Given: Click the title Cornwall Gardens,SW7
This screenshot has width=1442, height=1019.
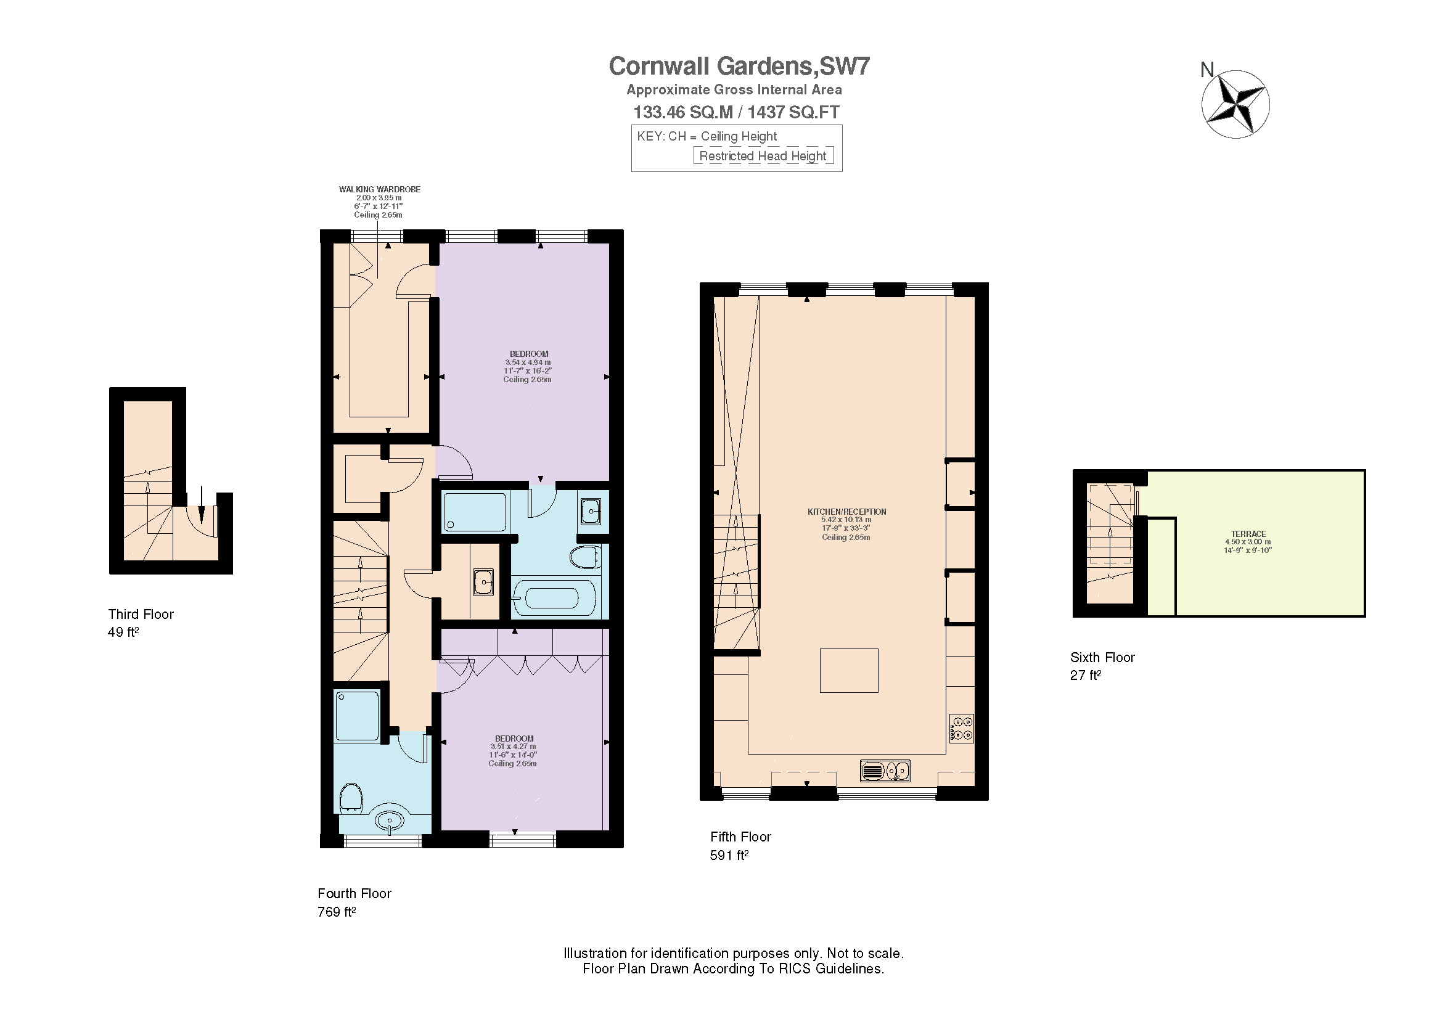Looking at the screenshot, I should coord(739,67).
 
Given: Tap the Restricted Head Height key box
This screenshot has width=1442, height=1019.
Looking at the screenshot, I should coord(763,156).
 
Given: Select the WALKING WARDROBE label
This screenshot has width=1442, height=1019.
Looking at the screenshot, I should coord(379,189).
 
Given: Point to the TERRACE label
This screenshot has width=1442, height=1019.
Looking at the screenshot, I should coord(1248,534).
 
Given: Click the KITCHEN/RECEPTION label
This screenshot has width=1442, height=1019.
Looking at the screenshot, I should coord(846,512).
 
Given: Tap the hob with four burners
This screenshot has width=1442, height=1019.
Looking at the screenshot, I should coord(962,728).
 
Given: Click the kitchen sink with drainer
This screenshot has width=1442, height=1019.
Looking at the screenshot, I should coord(884,771).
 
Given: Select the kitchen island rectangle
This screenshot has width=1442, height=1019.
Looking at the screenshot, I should coord(848,671).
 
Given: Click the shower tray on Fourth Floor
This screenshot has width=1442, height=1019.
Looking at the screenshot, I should coord(358,716).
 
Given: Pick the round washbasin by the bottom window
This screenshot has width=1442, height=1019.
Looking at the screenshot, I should coord(390,821).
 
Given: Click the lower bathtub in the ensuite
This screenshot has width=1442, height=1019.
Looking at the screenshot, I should coord(553,599).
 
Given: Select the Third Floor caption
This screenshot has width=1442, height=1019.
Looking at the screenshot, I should coord(141,614).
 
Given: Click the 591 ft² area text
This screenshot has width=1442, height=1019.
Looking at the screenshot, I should coord(729,855).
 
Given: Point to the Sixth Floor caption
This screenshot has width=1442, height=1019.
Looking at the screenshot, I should coord(1102,657).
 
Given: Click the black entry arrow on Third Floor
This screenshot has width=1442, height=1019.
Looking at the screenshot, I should coord(201,505).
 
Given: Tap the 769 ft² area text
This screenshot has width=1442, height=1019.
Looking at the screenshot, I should coord(337,912).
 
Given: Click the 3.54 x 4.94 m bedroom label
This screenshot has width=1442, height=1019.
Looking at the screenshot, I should coord(528,362).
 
